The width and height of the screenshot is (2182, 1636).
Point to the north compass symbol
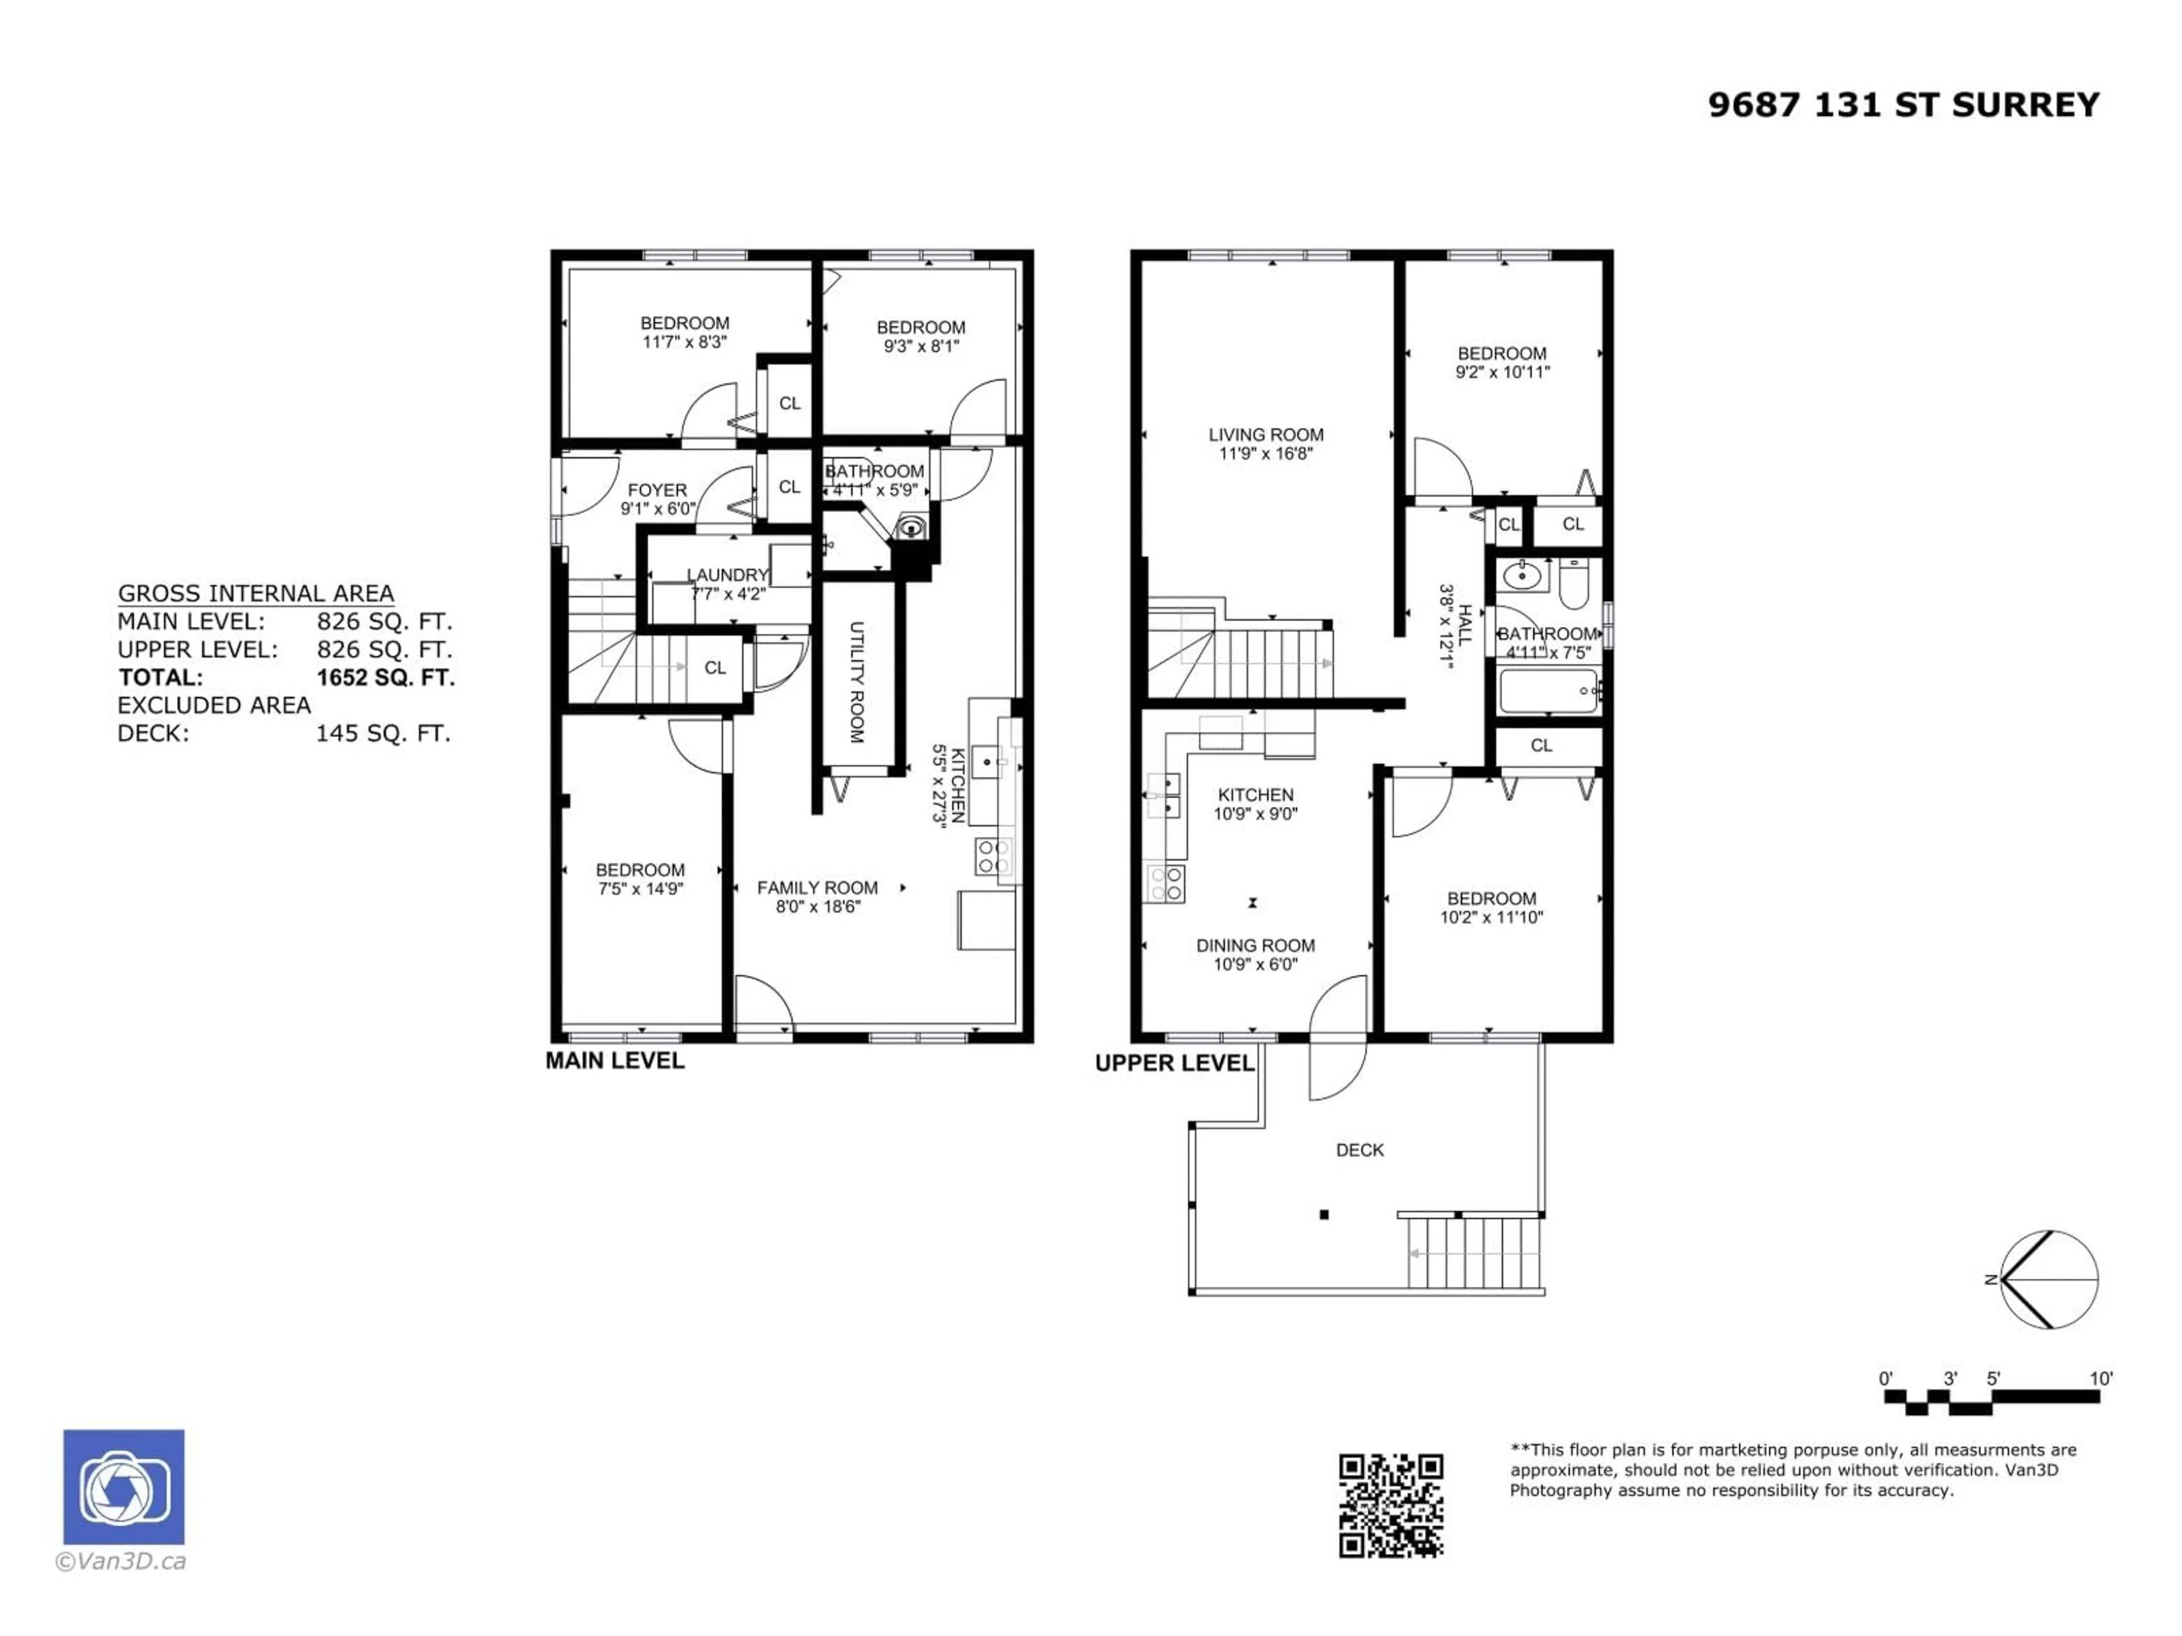tap(2049, 1280)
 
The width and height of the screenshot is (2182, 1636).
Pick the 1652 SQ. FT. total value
tap(385, 678)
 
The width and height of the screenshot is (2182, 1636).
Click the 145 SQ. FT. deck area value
tap(383, 734)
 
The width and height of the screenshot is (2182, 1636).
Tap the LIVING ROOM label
tap(1265, 435)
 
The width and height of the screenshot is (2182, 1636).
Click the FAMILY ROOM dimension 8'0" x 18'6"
tap(818, 906)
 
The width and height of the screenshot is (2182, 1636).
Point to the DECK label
tap(1359, 1150)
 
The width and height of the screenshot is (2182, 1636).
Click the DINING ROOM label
tap(1255, 946)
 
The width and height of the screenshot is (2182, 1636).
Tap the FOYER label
tap(657, 490)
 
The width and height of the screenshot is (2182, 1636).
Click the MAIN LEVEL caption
tap(615, 1061)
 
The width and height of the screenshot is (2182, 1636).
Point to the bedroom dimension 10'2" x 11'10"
tap(1492, 917)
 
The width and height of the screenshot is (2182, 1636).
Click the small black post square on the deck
tap(1324, 1215)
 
